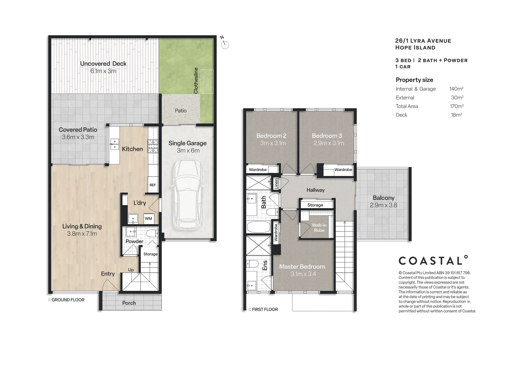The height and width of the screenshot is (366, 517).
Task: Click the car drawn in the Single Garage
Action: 187,195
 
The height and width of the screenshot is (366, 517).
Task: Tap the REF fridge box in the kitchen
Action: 153,185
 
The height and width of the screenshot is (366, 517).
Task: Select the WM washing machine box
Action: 148,219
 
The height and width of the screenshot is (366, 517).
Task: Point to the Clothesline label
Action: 196,81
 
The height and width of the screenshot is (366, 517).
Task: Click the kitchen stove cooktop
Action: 153,146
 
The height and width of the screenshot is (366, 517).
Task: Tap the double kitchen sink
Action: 114,145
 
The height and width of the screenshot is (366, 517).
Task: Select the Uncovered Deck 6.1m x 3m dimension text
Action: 103,71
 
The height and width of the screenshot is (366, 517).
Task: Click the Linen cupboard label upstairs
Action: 276,184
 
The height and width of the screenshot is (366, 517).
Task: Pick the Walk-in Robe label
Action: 319,228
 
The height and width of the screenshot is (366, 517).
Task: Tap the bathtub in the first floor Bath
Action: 258,227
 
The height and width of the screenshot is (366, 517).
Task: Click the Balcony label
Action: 383,198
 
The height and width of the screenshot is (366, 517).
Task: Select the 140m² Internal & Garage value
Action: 456,89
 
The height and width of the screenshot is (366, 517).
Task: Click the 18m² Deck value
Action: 456,115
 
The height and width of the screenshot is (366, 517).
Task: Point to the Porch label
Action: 129,303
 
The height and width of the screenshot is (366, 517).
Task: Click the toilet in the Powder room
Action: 152,233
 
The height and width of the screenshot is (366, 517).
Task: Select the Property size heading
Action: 414,80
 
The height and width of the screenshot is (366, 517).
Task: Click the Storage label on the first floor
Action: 315,205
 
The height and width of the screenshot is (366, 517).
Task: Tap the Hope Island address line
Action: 415,48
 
